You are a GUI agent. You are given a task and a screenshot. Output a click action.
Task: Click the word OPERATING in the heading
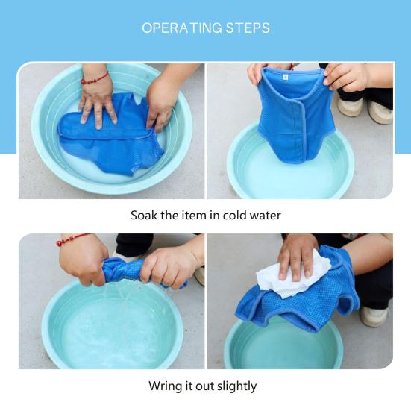coord(182,28)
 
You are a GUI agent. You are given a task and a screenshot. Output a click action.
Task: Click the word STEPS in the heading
coord(248,28)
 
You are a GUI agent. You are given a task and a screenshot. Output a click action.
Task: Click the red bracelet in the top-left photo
coord(95,78)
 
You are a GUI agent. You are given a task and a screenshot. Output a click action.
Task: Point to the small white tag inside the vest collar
coord(285,77)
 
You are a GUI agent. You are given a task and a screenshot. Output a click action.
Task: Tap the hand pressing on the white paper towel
coord(296,257)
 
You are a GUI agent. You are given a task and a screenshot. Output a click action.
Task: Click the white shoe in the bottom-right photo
coord(374,316)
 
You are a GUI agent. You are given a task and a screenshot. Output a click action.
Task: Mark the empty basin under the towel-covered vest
coord(283,343)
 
